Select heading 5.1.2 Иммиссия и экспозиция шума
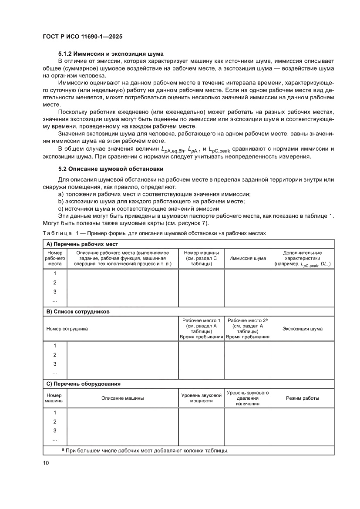pos(111,53)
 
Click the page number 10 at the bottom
pos(46,463)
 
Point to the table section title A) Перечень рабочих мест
pos(82,244)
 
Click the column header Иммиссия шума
pos(247,258)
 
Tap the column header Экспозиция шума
pos(302,329)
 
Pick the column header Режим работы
pos(302,398)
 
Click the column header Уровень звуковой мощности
pos(201,398)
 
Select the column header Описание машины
pos(122,398)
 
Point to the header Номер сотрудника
pos(67,329)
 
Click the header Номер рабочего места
pos(55,258)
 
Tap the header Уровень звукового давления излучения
pos(247,398)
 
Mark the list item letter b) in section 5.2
pos(61,201)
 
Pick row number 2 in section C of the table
pos(55,421)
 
